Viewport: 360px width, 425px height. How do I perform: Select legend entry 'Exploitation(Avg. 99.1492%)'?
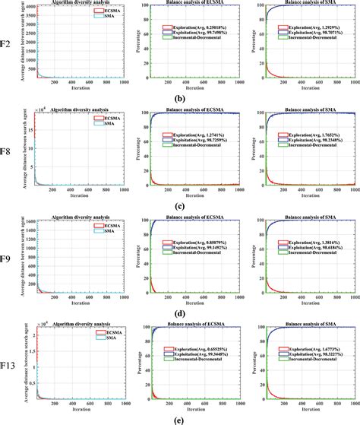199,248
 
